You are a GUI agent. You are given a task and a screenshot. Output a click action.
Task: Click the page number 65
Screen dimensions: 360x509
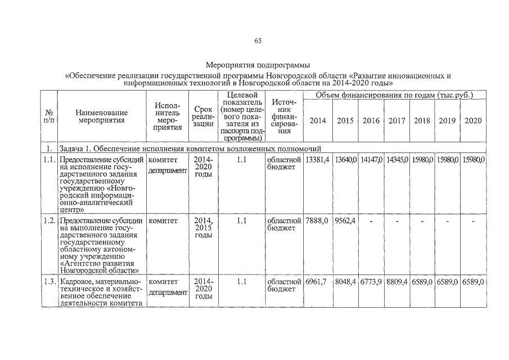[258, 40]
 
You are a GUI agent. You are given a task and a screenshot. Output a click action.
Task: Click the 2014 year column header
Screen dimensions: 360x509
[317, 120]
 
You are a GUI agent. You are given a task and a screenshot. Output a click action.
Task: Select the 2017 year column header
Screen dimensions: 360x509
[397, 120]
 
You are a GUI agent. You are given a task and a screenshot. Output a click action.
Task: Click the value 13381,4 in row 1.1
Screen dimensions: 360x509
[317, 160]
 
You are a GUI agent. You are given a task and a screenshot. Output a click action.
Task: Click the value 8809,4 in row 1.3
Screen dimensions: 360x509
[397, 281]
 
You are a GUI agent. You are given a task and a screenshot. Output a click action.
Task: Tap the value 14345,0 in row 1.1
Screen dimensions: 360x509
[397, 160]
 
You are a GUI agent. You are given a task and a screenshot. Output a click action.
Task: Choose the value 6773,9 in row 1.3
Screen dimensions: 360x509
[371, 281]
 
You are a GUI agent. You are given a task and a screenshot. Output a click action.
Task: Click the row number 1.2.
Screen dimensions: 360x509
[49, 220]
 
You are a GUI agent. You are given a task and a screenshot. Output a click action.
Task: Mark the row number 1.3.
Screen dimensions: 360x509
[49, 281]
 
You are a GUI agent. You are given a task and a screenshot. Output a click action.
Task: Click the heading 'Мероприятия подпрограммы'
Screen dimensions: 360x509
[258, 65]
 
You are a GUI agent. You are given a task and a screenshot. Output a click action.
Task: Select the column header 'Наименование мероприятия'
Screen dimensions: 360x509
[101, 116]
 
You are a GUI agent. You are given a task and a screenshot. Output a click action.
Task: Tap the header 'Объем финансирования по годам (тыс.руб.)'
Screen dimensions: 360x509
[394, 96]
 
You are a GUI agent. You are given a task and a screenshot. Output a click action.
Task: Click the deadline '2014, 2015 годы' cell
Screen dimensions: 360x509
[202, 228]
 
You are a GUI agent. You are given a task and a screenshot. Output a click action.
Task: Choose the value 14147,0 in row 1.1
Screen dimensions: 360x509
[371, 160]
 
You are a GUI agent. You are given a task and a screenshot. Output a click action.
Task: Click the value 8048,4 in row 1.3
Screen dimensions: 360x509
[345, 281]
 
